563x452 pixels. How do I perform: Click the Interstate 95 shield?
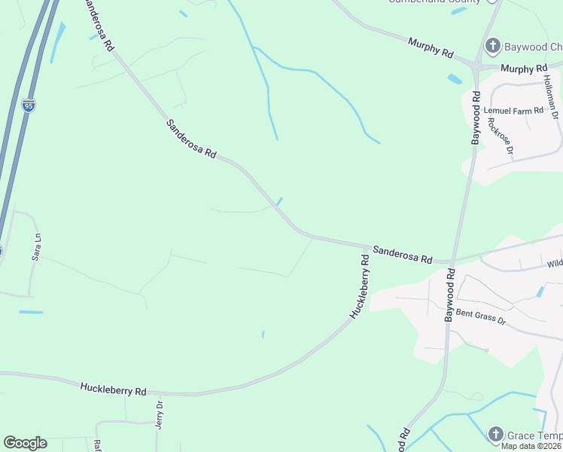[x=29, y=105]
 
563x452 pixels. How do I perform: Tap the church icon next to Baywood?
[x=493, y=47]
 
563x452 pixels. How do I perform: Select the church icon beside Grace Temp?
[x=495, y=434]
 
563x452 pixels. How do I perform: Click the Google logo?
[x=25, y=443]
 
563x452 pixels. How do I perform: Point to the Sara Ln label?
[x=35, y=246]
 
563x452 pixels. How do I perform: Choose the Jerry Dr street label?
[x=159, y=414]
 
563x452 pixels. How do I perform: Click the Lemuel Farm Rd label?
[x=518, y=111]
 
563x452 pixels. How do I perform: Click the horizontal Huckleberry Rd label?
[x=113, y=390]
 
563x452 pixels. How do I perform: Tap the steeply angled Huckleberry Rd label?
[x=359, y=286]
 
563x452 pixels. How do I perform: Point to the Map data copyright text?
[x=531, y=446]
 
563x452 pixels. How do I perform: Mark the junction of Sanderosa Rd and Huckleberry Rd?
[x=368, y=246]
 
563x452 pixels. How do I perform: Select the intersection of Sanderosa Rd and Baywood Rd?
[x=452, y=261]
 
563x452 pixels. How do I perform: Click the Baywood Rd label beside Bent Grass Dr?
[x=450, y=297]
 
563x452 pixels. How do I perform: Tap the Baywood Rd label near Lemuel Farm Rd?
[x=476, y=118]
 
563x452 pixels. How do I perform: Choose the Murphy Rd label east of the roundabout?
[x=524, y=69]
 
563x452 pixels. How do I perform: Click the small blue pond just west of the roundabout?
[x=455, y=78]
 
